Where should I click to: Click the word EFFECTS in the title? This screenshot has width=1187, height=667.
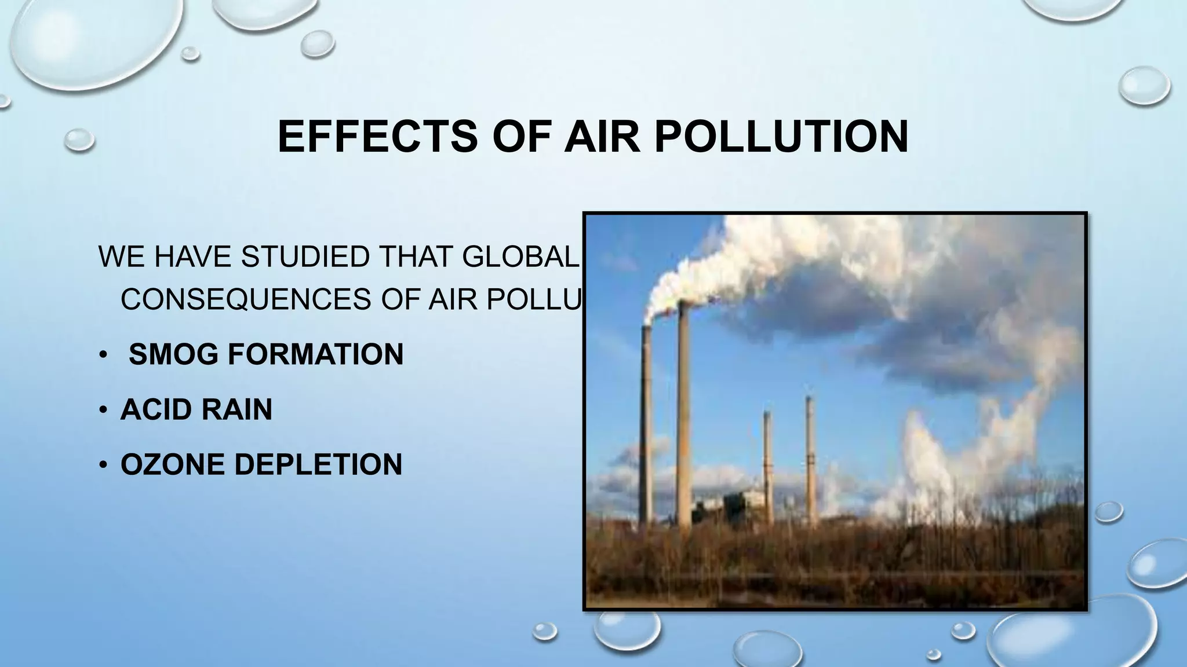click(377, 137)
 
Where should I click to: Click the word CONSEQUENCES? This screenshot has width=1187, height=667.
click(246, 299)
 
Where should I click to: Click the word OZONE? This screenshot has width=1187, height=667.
click(172, 464)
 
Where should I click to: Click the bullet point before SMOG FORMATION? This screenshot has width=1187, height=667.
click(103, 355)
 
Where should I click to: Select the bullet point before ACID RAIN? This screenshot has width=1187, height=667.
click(103, 410)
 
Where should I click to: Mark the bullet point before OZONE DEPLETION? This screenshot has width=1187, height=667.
click(103, 465)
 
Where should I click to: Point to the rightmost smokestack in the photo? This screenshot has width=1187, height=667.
click(810, 452)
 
